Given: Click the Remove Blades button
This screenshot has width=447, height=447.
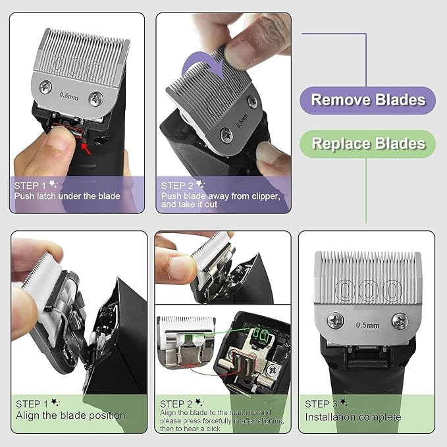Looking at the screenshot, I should click(368, 100).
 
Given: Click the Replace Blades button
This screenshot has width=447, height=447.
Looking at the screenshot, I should click(368, 143).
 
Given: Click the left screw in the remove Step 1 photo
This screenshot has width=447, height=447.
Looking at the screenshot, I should click(45, 85).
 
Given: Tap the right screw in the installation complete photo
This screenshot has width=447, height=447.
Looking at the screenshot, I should click(400, 321).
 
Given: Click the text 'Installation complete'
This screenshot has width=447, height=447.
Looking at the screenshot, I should click(352, 417).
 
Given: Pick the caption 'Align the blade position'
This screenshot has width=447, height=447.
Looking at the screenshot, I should click(70, 415).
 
